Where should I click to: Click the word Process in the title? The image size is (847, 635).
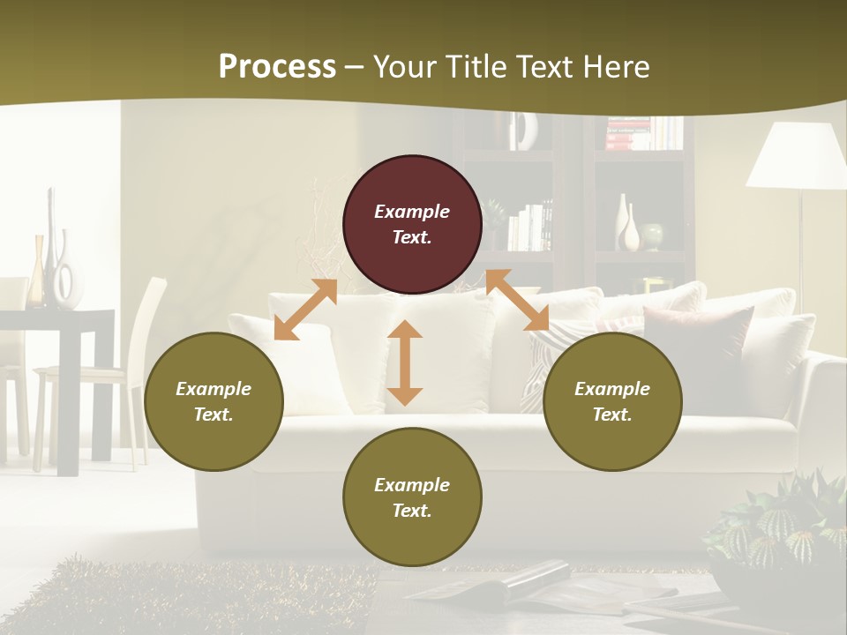[277, 67]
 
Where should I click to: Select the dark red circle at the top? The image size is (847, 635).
[412, 225]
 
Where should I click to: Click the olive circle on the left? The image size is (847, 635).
[214, 401]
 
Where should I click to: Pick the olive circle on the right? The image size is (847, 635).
[612, 401]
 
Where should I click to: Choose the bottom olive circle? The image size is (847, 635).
[412, 497]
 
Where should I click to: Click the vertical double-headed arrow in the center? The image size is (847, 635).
[405, 362]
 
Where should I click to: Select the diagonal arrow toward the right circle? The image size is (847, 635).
[517, 301]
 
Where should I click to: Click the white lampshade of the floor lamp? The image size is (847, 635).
[797, 156]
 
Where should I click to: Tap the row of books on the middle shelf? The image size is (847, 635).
[530, 228]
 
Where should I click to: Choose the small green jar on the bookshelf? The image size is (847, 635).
[652, 235]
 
